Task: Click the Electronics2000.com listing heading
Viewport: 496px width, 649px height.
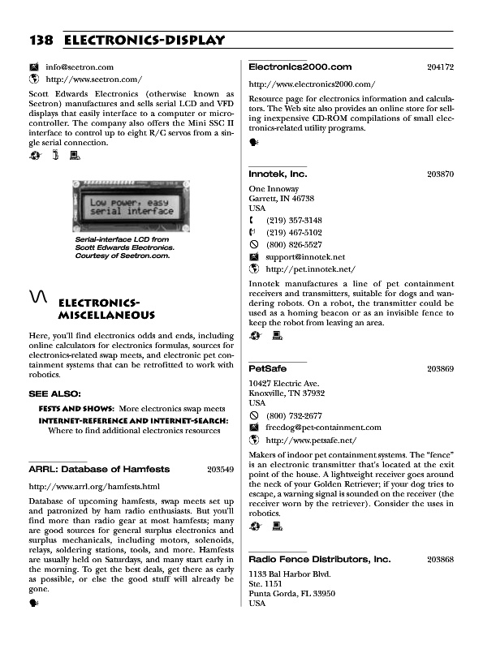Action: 300,67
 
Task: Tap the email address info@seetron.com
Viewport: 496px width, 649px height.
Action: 79,67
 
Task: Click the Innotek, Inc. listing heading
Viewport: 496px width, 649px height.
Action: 278,174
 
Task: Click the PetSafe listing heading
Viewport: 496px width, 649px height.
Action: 267,368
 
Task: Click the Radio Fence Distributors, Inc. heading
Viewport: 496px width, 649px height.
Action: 319,560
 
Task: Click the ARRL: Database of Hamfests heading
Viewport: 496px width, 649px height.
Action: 99,469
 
